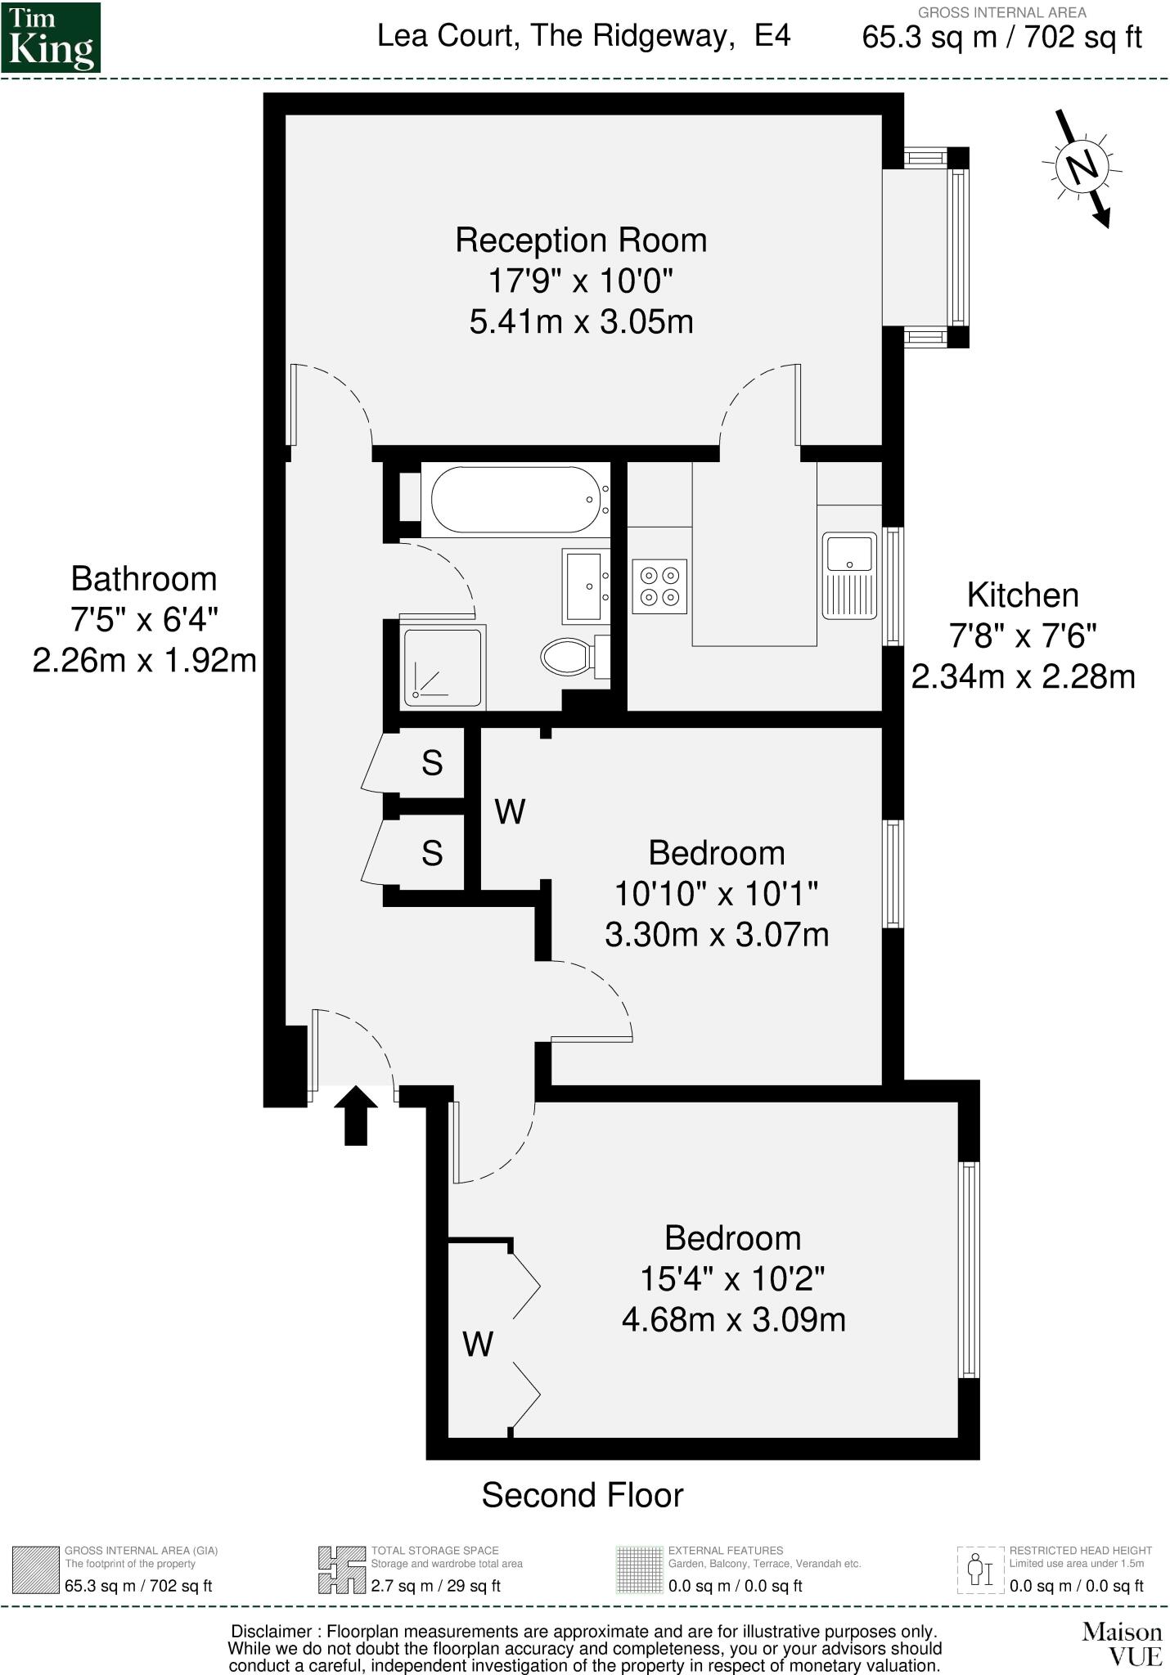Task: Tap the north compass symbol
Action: point(1082,168)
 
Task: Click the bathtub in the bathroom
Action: point(515,500)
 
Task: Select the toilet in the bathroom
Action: point(567,656)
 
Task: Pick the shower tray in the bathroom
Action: point(443,667)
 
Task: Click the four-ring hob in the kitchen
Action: point(659,586)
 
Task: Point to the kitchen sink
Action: point(849,575)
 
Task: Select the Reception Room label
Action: point(581,240)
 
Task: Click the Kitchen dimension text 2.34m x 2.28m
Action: point(1023,677)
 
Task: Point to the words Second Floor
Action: point(582,1494)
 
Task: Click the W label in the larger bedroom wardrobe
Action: point(478,1344)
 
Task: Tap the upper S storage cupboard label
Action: point(432,763)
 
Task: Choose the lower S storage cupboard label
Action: point(432,853)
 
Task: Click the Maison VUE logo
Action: point(1121,1644)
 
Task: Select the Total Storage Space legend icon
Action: point(341,1569)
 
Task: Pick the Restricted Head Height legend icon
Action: point(980,1569)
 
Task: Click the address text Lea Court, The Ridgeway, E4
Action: point(583,36)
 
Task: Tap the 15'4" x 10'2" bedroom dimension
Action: point(732,1278)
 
